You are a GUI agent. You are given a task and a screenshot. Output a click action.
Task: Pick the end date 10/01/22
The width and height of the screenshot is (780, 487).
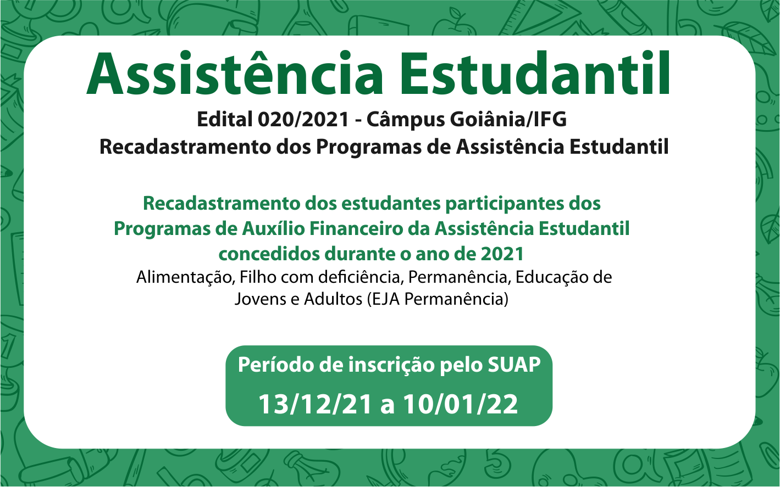coord(461,405)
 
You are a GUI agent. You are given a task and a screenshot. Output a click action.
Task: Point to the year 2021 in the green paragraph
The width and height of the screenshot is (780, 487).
coord(502,254)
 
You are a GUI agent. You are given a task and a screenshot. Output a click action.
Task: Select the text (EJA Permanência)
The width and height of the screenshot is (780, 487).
coord(438,299)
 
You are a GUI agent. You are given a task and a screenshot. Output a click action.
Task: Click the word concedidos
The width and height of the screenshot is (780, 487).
coord(269,254)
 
